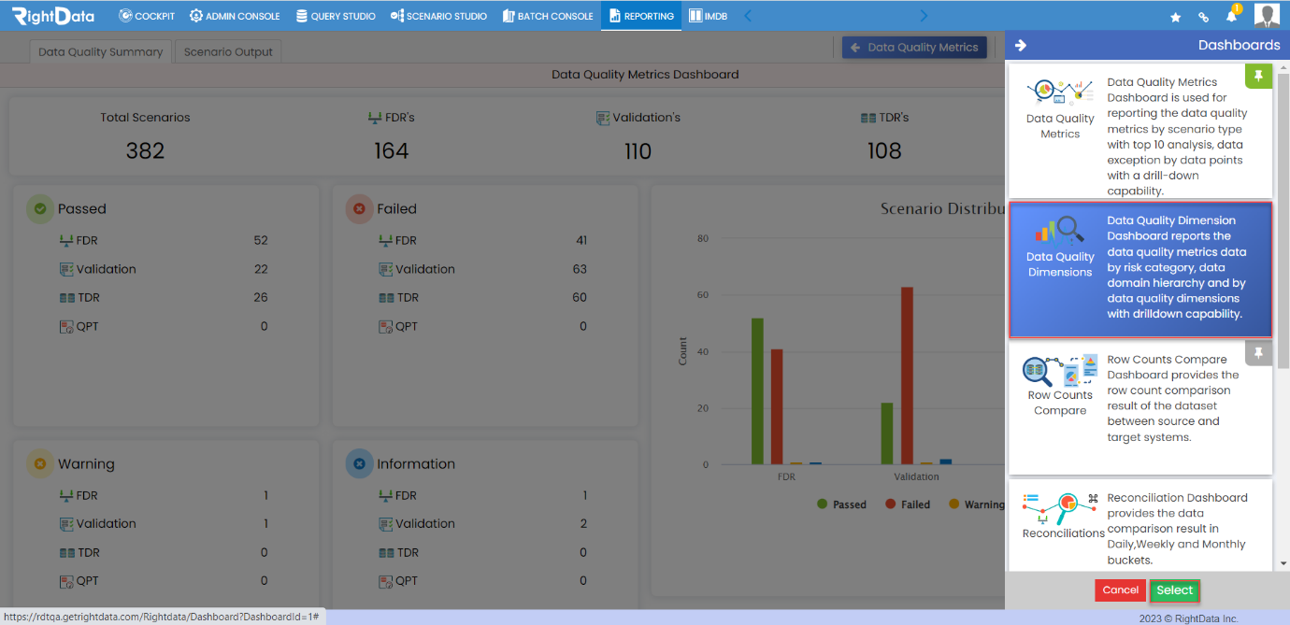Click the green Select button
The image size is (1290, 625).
pos(1174,590)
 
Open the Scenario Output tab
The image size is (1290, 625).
pos(228,51)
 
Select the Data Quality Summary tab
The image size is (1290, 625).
pos(100,51)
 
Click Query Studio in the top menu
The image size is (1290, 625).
pos(336,16)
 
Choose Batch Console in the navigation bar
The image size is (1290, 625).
pos(548,16)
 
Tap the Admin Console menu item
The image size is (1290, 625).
pos(235,16)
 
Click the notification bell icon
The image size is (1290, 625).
pos(1231,16)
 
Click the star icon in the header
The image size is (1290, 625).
pos(1175,17)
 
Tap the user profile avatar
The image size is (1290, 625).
pos(1267,15)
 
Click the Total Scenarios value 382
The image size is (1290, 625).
pos(145,150)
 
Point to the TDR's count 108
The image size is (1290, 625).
pos(884,150)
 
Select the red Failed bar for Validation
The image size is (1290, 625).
pos(907,376)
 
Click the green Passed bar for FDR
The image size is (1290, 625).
pos(757,391)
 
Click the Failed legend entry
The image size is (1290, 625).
pos(908,504)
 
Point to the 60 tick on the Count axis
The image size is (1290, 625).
pos(703,294)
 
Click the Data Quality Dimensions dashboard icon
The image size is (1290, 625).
pos(1060,230)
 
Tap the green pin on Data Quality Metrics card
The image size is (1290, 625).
pos(1258,76)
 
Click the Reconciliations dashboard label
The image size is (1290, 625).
pos(1063,533)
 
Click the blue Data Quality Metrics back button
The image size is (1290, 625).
pos(914,48)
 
